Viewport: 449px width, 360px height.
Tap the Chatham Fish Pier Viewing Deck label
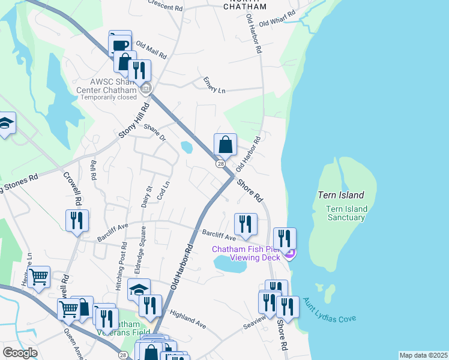[246, 253]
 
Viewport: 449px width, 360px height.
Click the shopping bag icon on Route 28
[225, 145]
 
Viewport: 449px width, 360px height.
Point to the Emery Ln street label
[214, 85]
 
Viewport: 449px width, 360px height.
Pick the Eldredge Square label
[143, 246]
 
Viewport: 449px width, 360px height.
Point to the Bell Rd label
[93, 170]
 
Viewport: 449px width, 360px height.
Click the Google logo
[20, 353]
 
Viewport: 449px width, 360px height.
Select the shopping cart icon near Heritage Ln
[39, 277]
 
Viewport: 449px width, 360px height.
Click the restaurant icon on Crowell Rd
[77, 220]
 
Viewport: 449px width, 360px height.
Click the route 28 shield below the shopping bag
[221, 164]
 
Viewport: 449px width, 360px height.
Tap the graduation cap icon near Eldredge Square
[139, 289]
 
